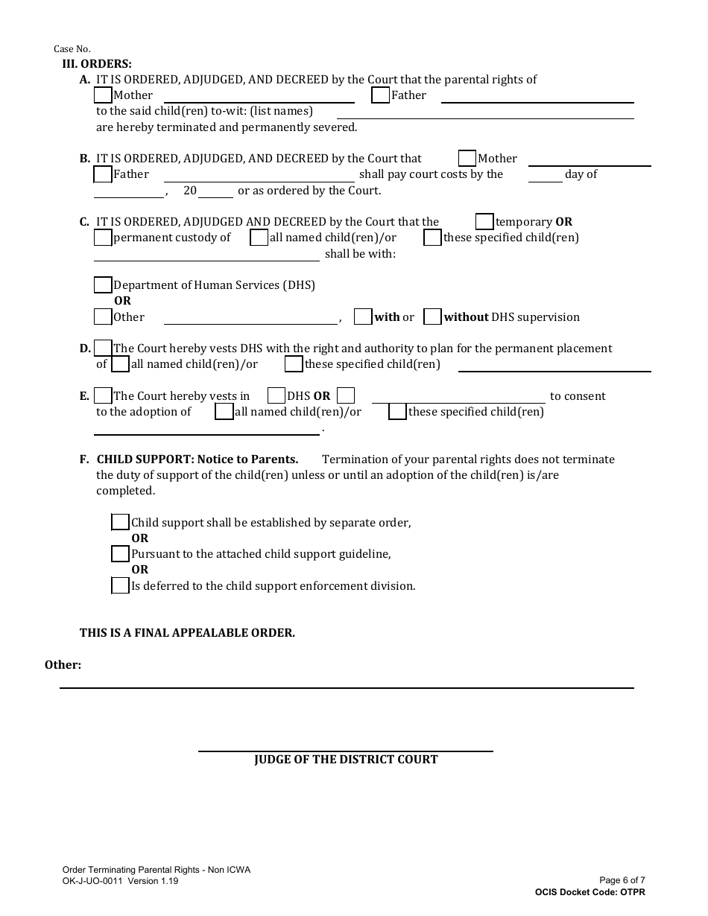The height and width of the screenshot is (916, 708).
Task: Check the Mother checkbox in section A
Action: [x=103, y=95]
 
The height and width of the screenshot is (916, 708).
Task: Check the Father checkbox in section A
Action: [x=380, y=95]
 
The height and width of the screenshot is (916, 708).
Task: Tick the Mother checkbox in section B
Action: [x=467, y=159]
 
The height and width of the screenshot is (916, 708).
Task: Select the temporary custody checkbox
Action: [x=484, y=222]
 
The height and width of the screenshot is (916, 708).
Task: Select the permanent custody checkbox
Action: [x=103, y=238]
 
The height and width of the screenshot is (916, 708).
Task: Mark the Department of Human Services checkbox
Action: [x=103, y=285]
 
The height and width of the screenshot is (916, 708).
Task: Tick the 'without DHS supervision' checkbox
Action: [x=432, y=317]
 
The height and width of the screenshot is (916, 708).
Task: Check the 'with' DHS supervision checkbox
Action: [x=363, y=317]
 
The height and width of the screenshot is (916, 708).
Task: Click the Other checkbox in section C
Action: [x=103, y=317]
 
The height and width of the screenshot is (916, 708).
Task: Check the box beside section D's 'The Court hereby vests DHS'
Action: [x=103, y=349]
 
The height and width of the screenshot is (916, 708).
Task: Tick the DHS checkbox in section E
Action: [x=276, y=395]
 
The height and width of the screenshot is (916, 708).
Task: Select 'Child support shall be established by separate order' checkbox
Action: [x=120, y=522]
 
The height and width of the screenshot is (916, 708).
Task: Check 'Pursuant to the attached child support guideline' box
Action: [x=120, y=554]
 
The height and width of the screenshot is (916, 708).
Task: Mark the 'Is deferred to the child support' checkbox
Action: [x=120, y=585]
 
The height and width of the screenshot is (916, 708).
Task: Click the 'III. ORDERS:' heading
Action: [x=96, y=64]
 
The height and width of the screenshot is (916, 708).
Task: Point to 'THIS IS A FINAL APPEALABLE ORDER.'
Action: [x=187, y=633]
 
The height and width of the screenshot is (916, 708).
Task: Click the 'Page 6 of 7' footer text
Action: [x=622, y=880]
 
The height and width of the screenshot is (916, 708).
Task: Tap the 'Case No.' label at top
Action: [x=72, y=49]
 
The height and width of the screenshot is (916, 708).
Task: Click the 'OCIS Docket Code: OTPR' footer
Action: [x=590, y=892]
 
